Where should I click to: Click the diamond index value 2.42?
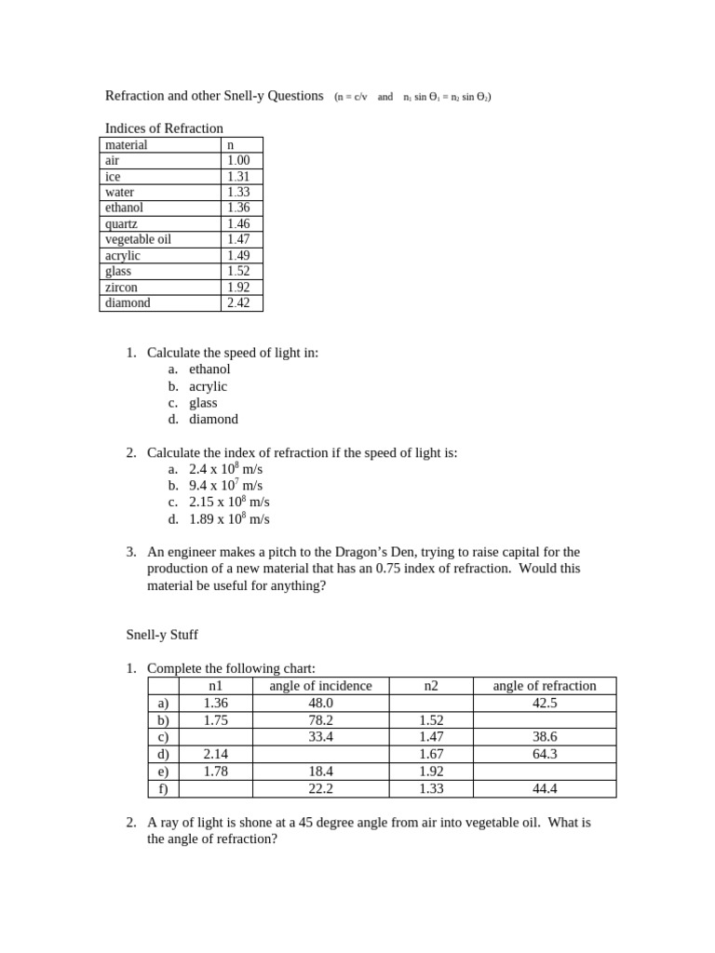point(237,302)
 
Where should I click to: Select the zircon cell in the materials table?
point(121,288)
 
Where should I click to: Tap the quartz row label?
point(121,224)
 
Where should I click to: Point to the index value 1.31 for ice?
point(237,177)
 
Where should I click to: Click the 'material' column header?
point(127,145)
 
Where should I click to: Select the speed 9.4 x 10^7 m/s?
point(226,486)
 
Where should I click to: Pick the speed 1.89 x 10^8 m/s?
point(229,519)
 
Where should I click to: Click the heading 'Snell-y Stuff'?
point(162,635)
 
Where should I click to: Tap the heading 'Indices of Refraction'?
point(164,128)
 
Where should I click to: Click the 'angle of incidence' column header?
point(320,686)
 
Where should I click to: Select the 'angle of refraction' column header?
point(544,686)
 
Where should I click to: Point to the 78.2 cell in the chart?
point(320,720)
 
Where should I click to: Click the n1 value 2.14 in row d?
point(215,754)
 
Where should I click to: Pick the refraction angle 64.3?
point(544,754)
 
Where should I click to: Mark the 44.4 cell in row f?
point(544,788)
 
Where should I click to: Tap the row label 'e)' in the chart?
point(164,772)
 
